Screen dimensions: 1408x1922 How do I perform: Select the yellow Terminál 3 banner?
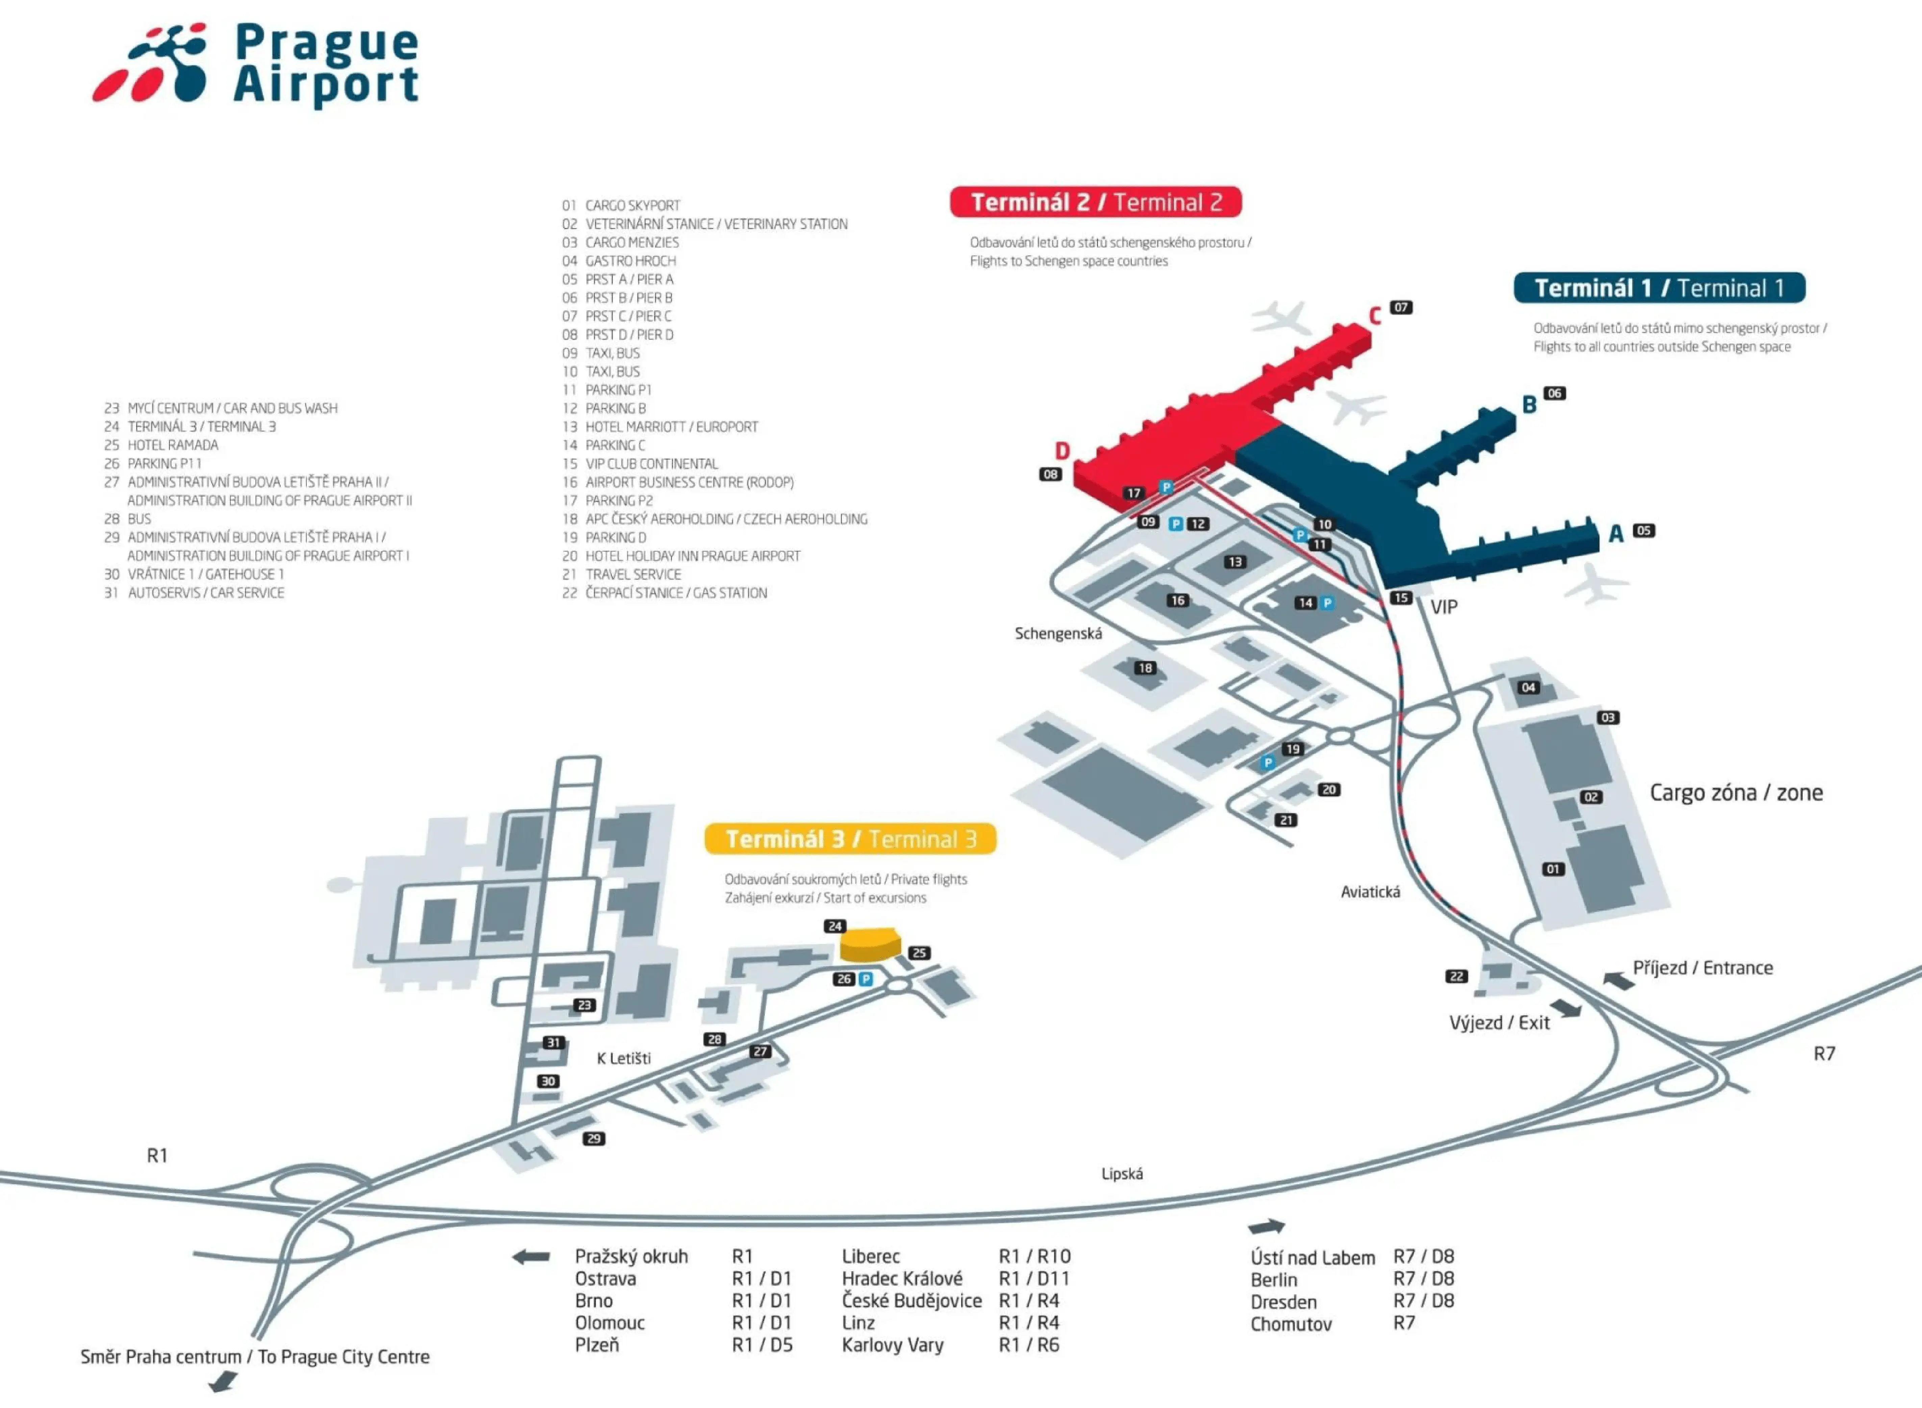click(850, 840)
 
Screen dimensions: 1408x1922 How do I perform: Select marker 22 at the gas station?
click(1456, 976)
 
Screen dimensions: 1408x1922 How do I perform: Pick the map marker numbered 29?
click(594, 1139)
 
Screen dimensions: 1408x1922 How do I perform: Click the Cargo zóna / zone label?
click(1736, 793)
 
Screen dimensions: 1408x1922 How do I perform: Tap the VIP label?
click(1444, 607)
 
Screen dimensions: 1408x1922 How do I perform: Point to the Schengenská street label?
click(1058, 633)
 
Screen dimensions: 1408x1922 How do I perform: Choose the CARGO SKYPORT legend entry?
click(632, 205)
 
